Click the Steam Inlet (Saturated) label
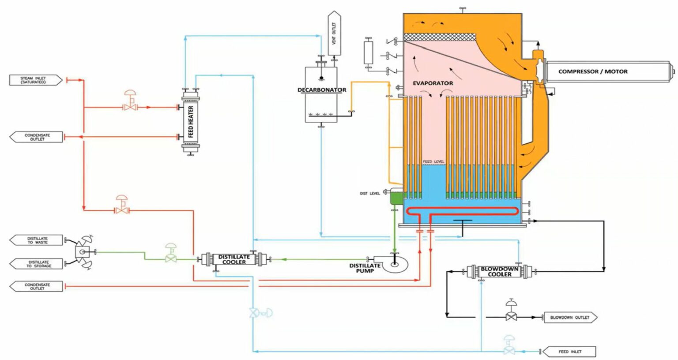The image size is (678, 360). point(34,80)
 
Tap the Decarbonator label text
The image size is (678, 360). point(322,90)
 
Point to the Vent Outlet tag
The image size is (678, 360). point(334,34)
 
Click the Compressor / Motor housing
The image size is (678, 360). point(607,71)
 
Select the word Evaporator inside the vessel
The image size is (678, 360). point(433,83)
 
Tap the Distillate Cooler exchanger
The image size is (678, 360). point(234,259)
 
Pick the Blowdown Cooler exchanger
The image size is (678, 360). point(499,271)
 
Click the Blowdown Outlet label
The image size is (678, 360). point(569,317)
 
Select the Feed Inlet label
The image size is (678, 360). point(569,352)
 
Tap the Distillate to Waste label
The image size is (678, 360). point(37,240)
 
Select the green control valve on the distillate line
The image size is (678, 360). point(170,256)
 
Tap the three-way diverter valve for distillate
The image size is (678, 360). point(83,252)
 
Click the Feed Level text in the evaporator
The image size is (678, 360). point(433,161)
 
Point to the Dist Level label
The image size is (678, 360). point(369,193)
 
